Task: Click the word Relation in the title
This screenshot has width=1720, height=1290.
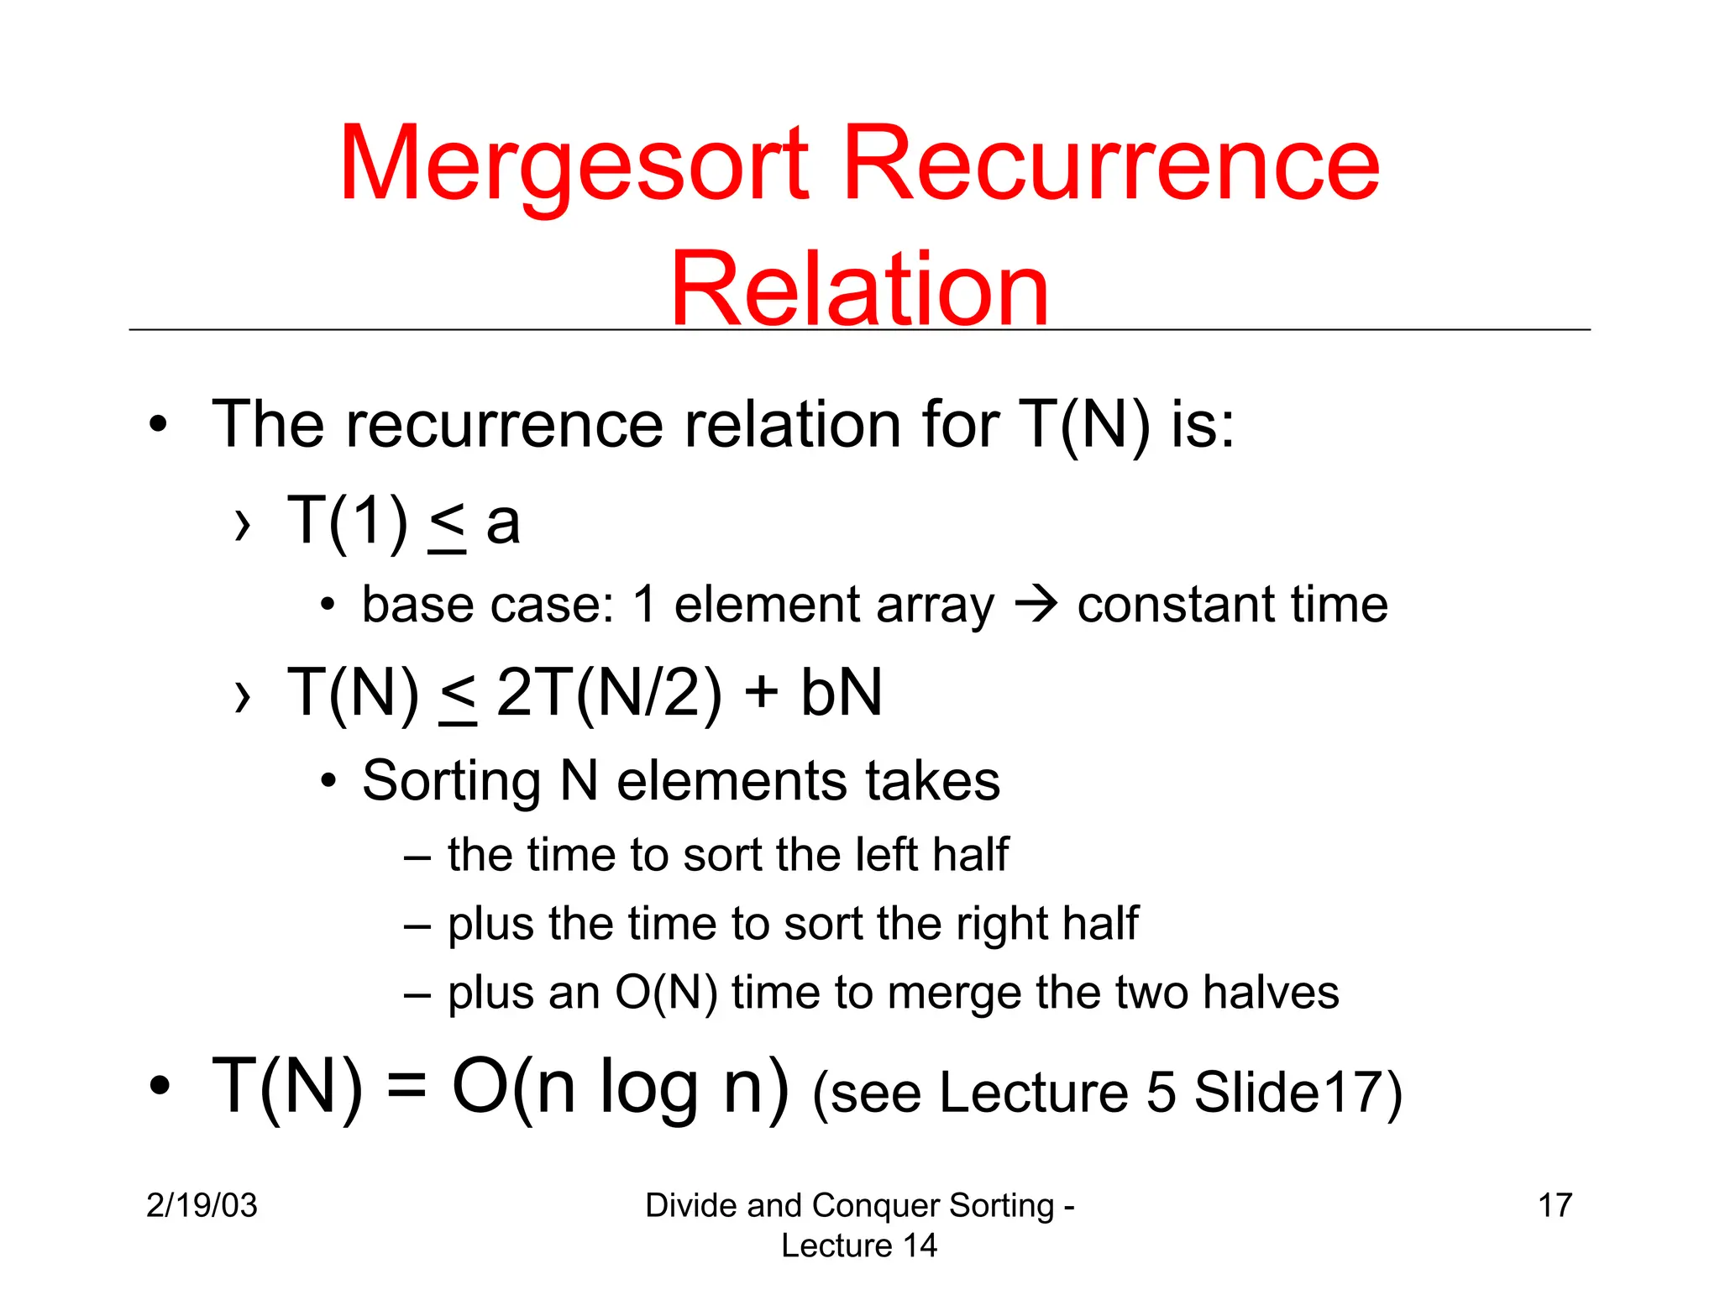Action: pos(859,290)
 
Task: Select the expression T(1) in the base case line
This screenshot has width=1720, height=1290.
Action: pos(348,522)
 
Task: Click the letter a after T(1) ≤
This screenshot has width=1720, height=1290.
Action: pos(503,523)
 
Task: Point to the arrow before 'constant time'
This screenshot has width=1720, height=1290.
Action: pos(1036,605)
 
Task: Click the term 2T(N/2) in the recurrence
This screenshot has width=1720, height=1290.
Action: pos(609,693)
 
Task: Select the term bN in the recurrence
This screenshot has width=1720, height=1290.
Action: pos(842,693)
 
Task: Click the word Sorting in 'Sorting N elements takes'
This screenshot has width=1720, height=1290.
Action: pos(451,782)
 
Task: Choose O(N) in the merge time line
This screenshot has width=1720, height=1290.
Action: pos(666,993)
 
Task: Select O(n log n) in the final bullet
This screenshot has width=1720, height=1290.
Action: pos(620,1087)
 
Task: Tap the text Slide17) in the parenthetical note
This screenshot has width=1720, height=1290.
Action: pos(1298,1093)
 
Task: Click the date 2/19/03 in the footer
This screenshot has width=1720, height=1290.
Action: pos(202,1205)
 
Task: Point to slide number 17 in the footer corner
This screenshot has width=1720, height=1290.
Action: pos(1555,1205)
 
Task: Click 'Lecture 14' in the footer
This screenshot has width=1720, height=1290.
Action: pos(858,1245)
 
